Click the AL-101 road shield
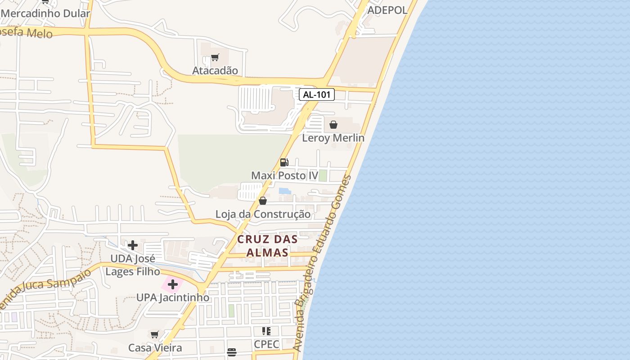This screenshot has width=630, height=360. point(317,94)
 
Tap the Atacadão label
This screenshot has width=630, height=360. point(215,71)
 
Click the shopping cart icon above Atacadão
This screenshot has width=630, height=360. point(215,58)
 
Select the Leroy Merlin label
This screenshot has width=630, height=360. point(333,138)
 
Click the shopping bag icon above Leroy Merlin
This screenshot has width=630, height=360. point(333,125)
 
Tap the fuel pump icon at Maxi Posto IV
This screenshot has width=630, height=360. point(284,162)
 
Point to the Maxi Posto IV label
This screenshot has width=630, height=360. point(284,175)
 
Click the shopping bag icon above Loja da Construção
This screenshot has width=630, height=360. point(263,201)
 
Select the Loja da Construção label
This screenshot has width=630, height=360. point(263,214)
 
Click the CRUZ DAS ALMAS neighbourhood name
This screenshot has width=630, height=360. point(267,246)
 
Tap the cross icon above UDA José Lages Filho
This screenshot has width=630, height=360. point(133,245)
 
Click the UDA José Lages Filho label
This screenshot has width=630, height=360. point(133,265)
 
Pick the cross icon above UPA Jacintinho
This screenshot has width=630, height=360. point(173,284)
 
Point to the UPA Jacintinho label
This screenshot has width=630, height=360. point(173,297)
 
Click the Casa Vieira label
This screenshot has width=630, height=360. point(155,348)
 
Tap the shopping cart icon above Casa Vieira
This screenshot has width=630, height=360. point(155,334)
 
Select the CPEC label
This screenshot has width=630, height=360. point(266,345)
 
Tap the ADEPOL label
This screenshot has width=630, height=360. point(387,10)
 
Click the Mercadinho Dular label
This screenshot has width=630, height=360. point(45,13)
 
